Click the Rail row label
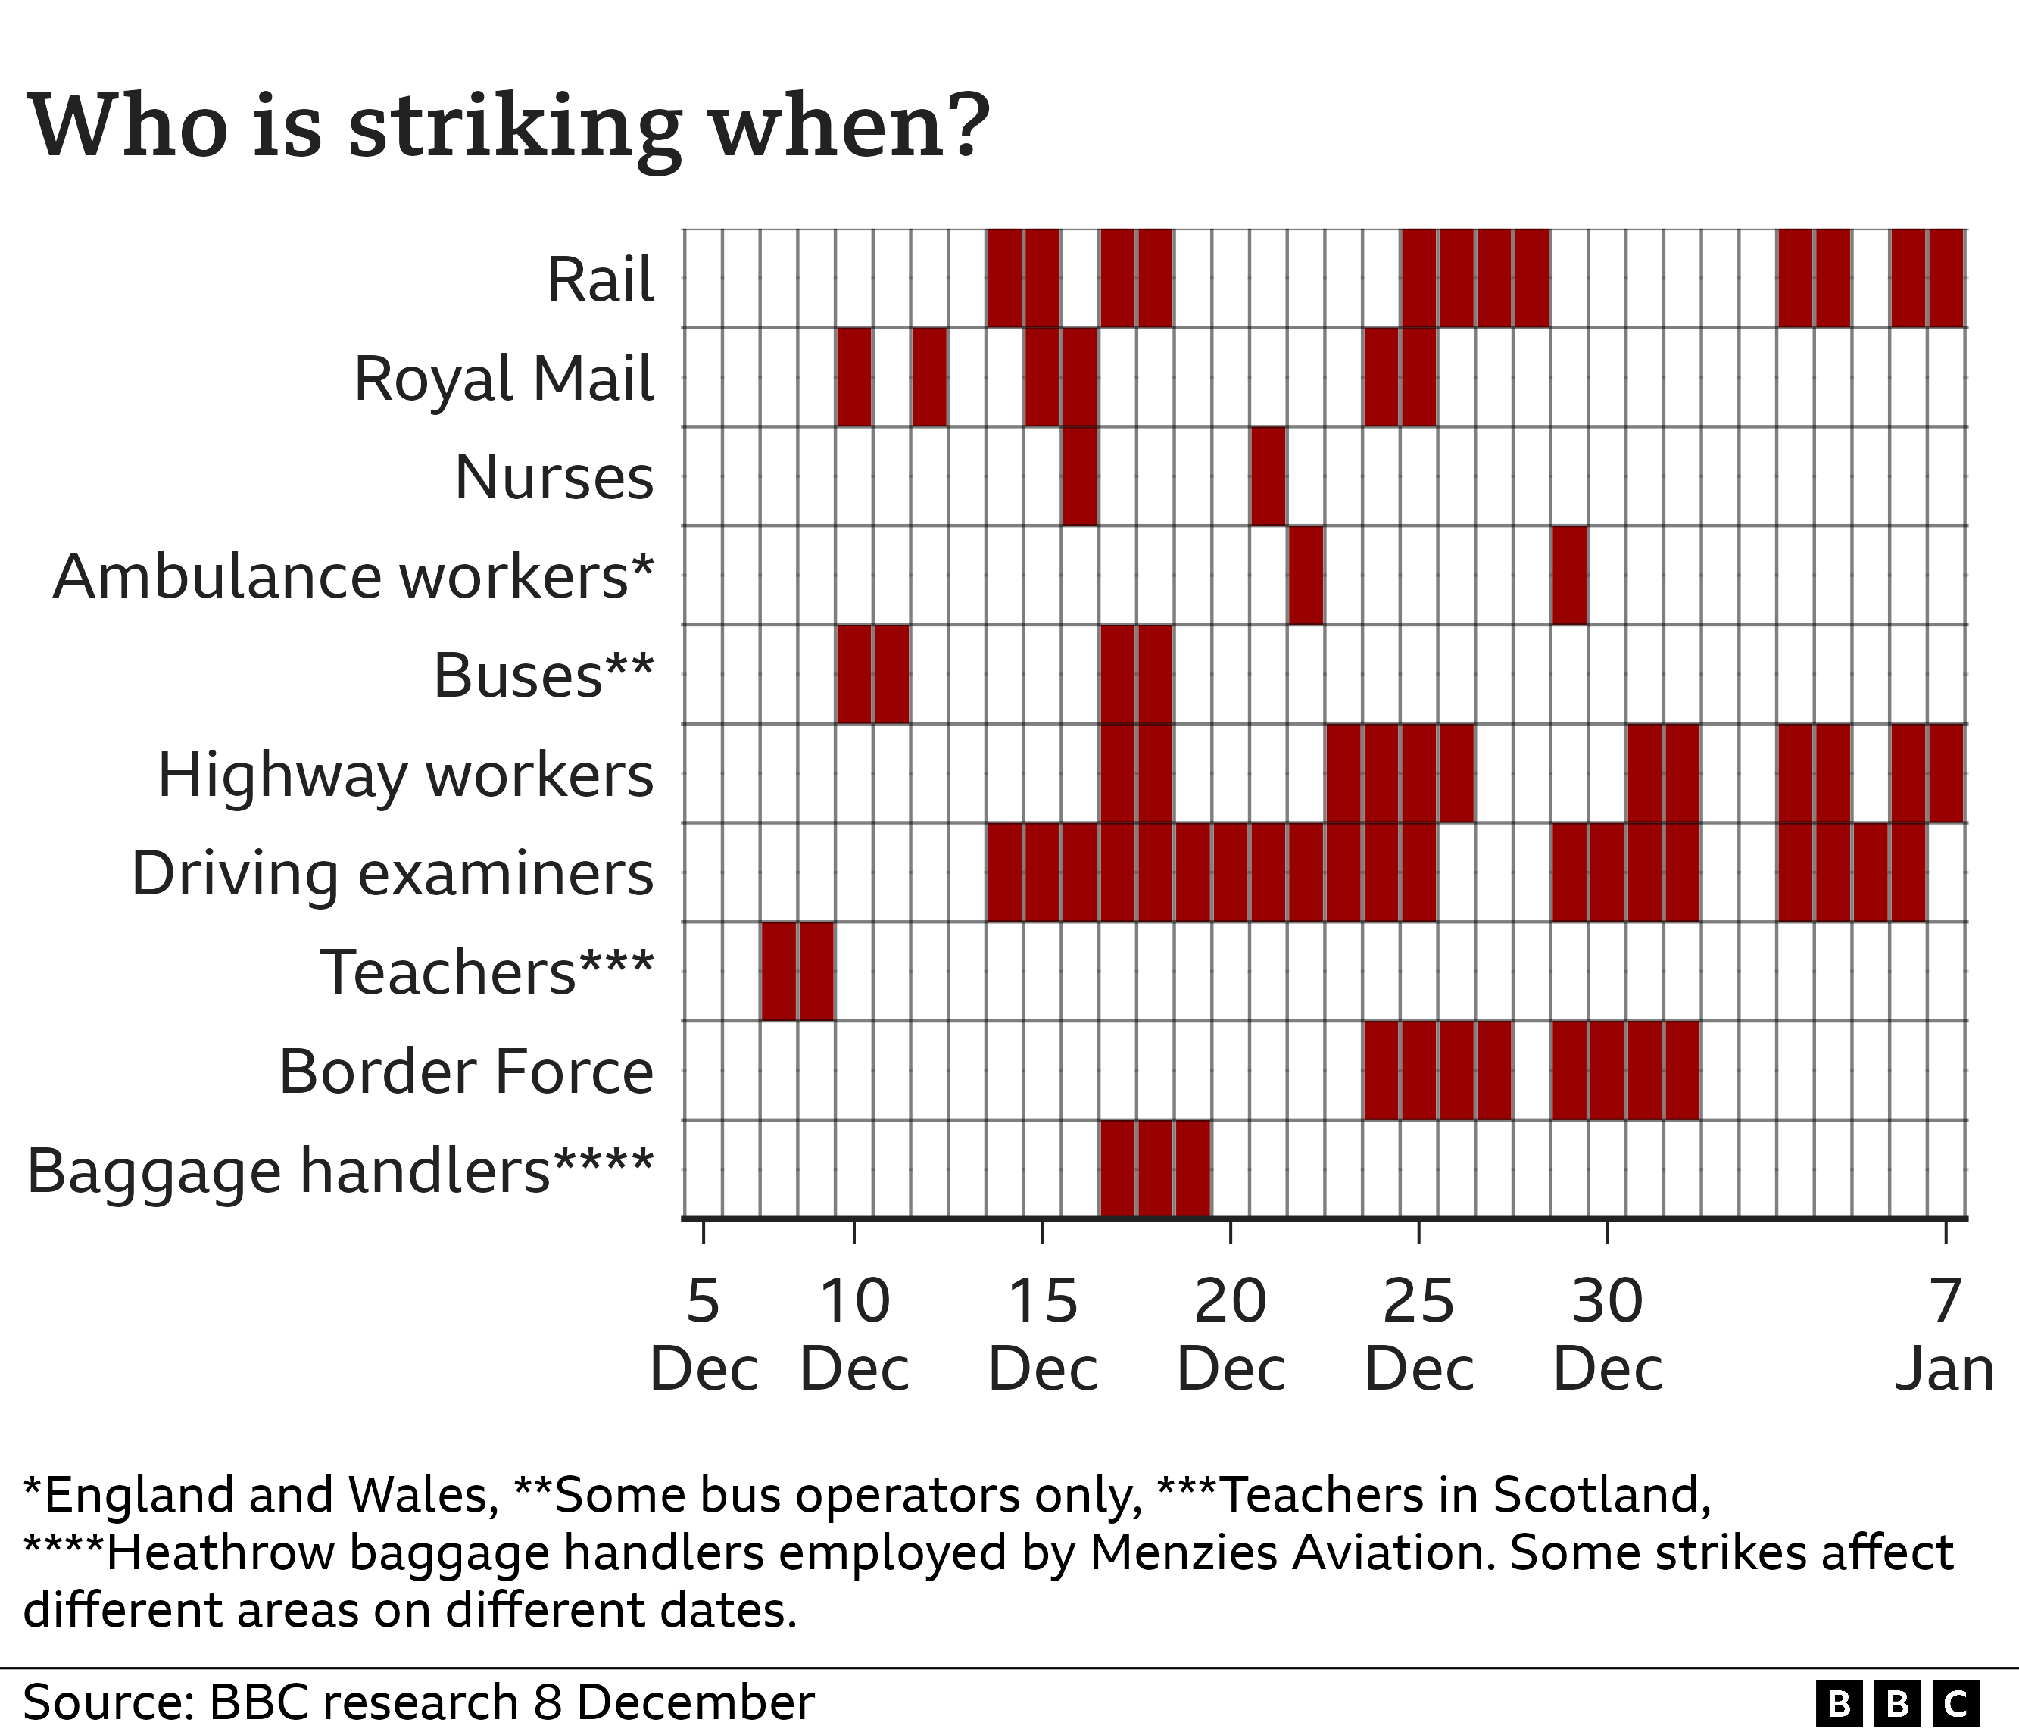tap(601, 280)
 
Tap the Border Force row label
tap(466, 1072)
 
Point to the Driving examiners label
tap(392, 874)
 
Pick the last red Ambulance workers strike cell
tap(1569, 576)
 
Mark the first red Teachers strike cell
tap(779, 971)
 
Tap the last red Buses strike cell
tap(1156, 675)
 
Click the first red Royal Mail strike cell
tap(853, 378)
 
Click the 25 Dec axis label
tap(1418, 1334)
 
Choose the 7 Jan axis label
tap(1945, 1334)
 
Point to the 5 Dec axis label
tap(704, 1334)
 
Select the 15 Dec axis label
tap(1043, 1334)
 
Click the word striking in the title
tap(514, 129)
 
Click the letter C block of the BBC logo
tap(1955, 1704)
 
